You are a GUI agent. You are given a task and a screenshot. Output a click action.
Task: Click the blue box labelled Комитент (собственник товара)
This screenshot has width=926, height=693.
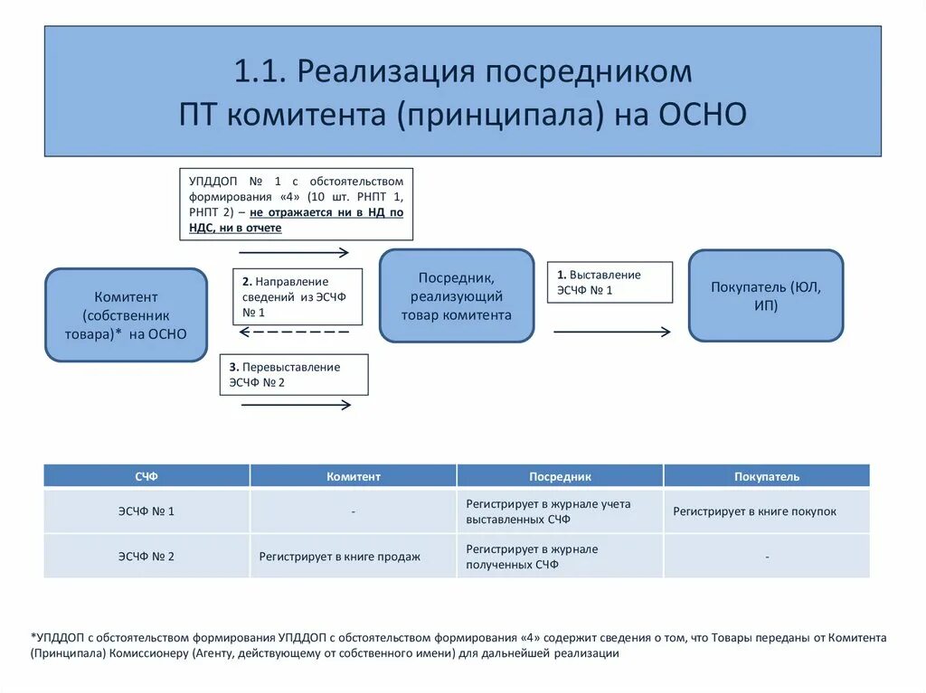point(126,314)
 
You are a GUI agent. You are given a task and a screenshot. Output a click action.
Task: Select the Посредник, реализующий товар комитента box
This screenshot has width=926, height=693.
point(456,296)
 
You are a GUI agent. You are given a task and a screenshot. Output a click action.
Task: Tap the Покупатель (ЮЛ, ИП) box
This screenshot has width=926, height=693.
point(765,295)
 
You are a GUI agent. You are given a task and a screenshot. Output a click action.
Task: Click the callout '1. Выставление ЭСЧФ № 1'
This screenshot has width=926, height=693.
point(609,282)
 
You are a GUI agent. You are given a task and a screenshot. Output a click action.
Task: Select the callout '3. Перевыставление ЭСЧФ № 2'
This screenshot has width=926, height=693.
point(293,374)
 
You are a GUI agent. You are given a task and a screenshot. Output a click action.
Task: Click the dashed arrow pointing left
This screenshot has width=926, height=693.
point(294,332)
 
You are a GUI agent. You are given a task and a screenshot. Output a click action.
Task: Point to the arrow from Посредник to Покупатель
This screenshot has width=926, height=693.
point(611,332)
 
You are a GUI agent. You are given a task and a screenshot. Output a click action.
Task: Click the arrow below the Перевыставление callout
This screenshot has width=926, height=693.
point(296,405)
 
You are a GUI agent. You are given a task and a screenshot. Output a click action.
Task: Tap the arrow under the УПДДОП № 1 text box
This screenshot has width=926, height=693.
point(295,252)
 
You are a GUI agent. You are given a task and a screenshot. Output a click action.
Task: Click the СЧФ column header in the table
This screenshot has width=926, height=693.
point(146,476)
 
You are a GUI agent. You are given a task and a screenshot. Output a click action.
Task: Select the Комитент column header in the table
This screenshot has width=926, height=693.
point(353,476)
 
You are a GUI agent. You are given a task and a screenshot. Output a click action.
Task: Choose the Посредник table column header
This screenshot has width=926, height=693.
point(560,476)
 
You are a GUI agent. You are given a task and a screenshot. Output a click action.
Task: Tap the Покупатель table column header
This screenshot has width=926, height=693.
point(767,476)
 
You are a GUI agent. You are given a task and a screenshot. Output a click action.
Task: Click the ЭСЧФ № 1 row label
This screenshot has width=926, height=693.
point(146,511)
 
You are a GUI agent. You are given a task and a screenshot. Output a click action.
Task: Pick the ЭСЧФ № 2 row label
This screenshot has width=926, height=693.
point(146,557)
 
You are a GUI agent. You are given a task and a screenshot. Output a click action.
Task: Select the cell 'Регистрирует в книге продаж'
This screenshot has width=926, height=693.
point(339,557)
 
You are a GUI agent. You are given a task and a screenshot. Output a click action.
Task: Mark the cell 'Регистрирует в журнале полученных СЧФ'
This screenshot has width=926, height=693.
point(532,557)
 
